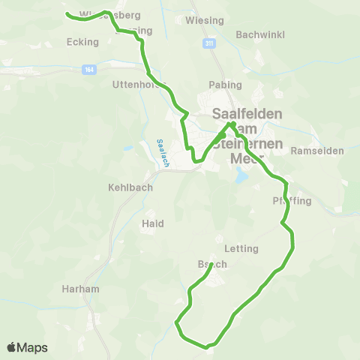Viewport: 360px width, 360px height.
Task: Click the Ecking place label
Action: (82, 42)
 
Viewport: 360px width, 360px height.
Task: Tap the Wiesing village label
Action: (204, 20)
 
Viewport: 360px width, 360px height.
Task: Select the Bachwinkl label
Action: (257, 34)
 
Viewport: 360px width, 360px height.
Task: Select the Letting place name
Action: (241, 248)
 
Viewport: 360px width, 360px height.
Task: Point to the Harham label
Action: (81, 288)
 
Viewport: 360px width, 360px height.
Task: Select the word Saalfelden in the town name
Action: (247, 114)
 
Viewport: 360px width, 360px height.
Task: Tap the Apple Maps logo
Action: (28, 347)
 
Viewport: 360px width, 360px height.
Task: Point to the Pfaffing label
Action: (291, 201)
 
